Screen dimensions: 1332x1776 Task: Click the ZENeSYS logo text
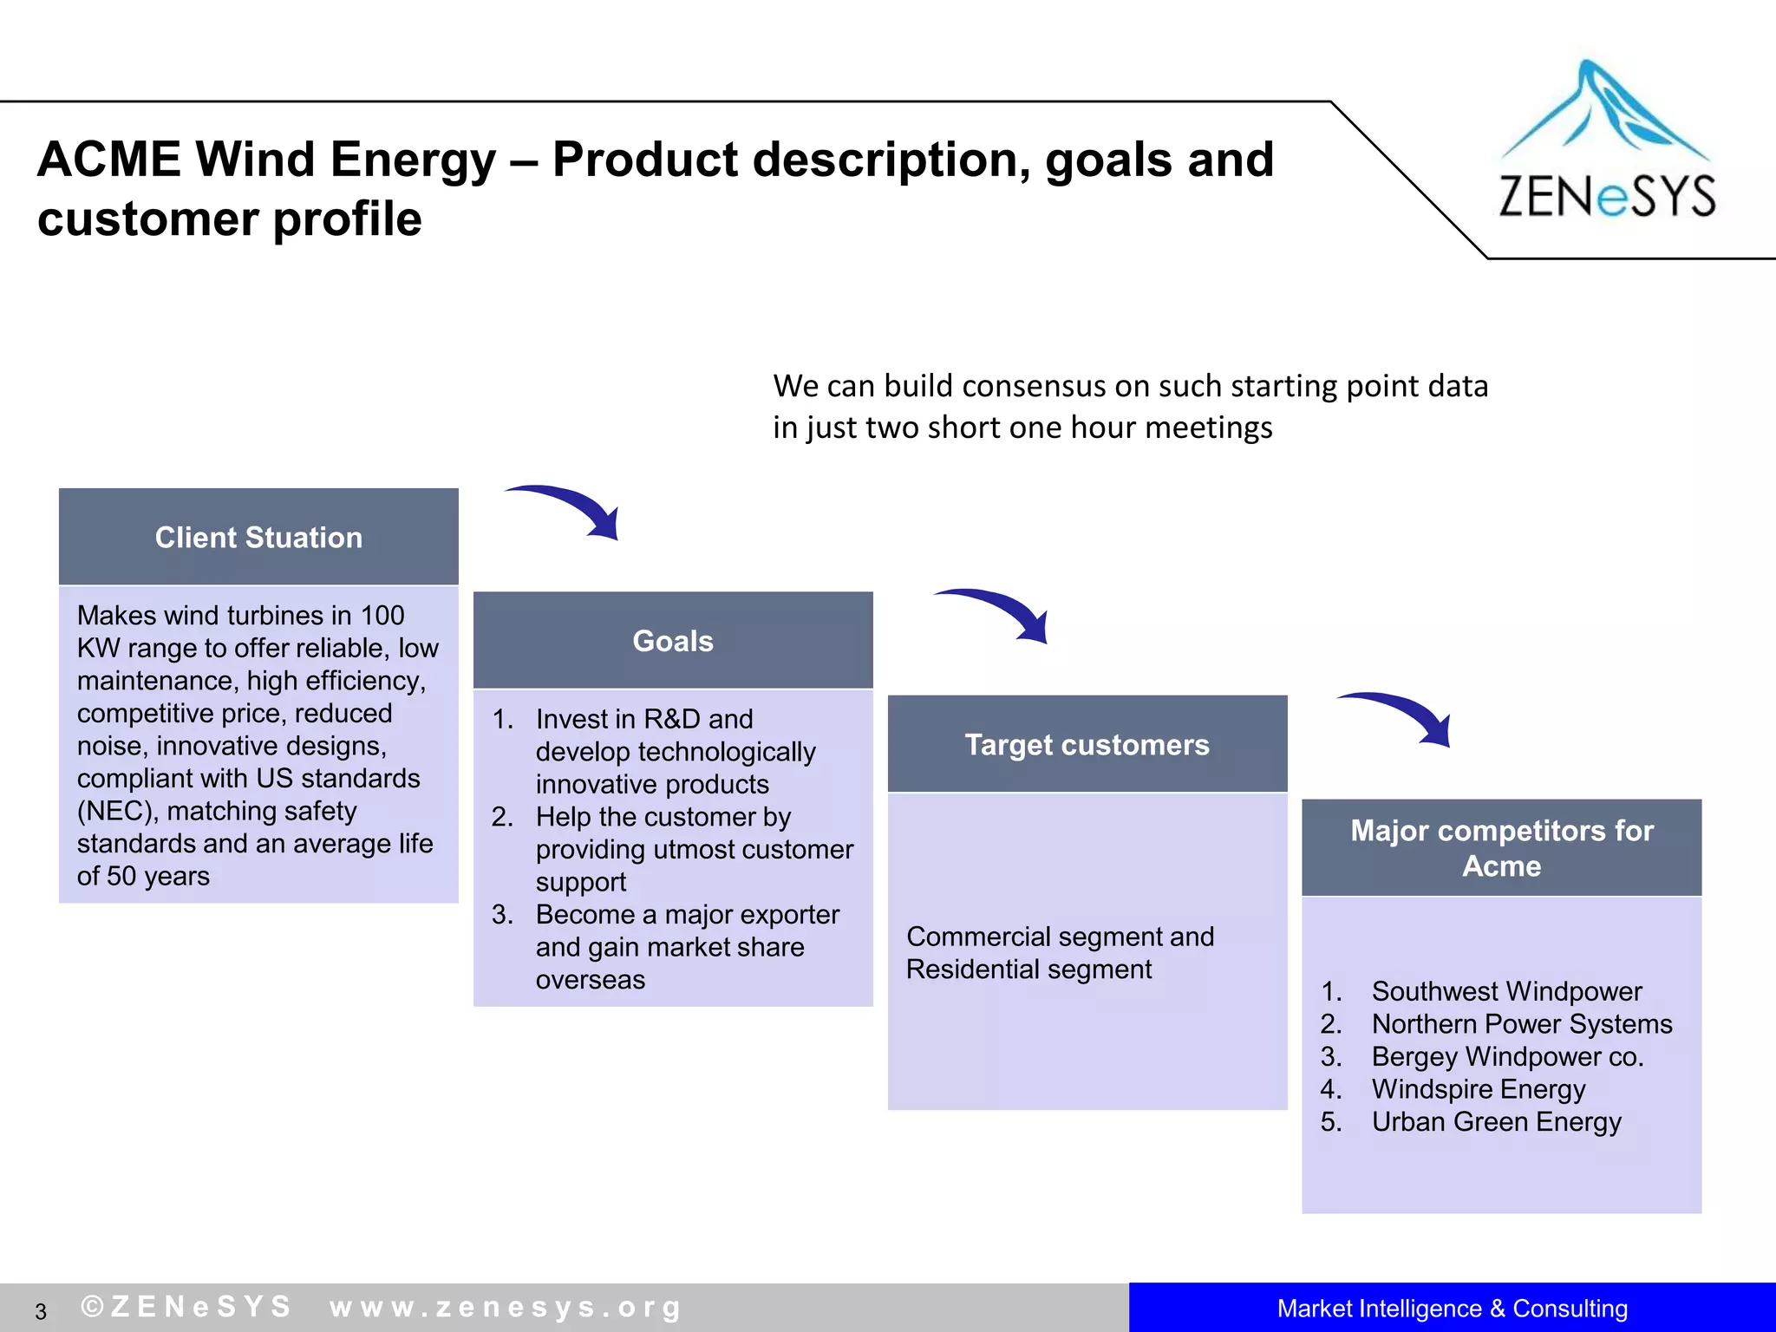coord(1607,196)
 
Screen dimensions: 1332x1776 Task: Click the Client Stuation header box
coord(258,537)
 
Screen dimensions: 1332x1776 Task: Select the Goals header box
coord(673,641)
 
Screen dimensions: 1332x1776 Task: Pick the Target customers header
coord(1087,744)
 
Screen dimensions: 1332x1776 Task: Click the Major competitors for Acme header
coord(1501,847)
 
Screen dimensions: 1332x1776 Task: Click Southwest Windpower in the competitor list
coord(1506,991)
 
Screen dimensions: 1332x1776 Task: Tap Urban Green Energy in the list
coord(1496,1121)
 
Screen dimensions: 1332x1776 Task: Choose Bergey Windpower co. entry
coord(1507,1056)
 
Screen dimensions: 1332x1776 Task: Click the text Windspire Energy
coord(1478,1089)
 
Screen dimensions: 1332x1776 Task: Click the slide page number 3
coord(41,1311)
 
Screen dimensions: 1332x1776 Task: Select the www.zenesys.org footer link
coord(506,1307)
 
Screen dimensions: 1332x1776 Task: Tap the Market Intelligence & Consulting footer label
coord(1452,1308)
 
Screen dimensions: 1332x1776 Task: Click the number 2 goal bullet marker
coord(502,817)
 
